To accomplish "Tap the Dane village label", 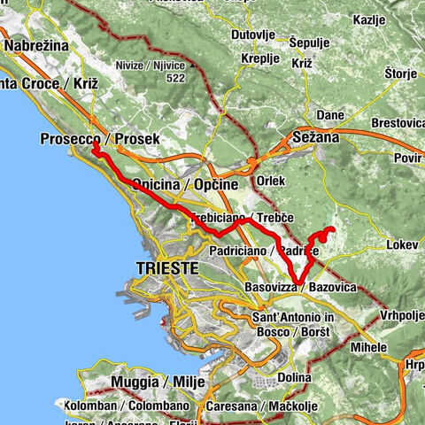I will click(329, 115).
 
